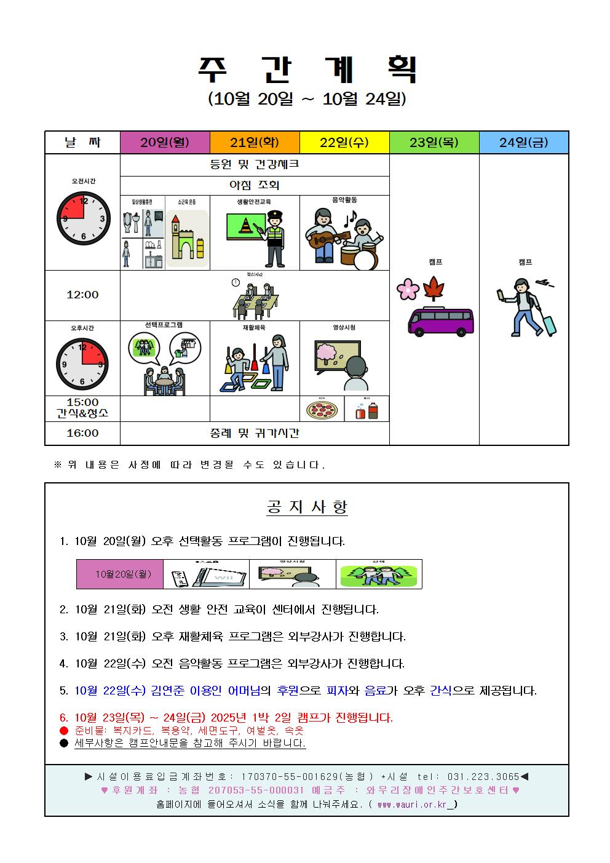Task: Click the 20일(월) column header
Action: (165, 143)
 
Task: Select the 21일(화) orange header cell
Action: (255, 143)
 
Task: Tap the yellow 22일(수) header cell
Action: (344, 143)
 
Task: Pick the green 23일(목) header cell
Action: (434, 143)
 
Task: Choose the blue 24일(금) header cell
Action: (524, 143)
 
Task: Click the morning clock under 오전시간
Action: (82, 218)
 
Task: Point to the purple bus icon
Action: (441, 322)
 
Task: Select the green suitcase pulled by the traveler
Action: (547, 325)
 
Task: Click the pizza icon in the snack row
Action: (321, 410)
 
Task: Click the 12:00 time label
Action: (82, 295)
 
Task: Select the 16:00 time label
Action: (82, 433)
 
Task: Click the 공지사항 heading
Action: (307, 507)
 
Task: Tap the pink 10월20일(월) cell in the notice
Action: (120, 574)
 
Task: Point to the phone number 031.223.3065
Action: (483, 777)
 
